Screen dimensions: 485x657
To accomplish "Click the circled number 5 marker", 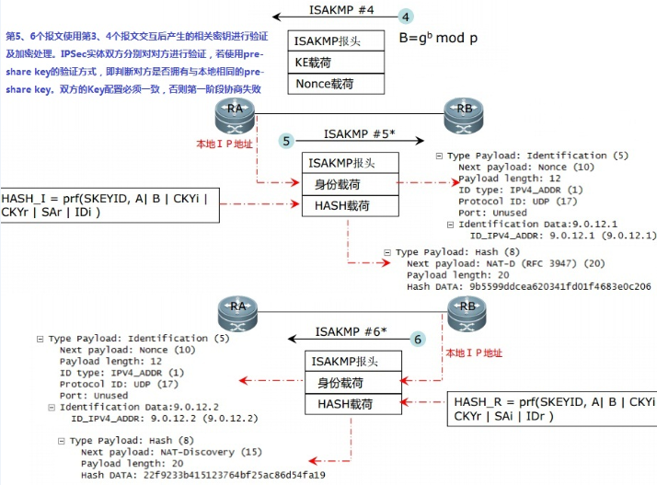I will [287, 141].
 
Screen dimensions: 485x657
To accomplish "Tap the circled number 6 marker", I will [418, 340].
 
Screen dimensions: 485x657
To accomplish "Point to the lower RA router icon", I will [237, 313].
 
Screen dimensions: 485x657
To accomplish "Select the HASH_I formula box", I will [109, 204].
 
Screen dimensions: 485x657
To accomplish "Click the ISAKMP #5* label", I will [360, 133].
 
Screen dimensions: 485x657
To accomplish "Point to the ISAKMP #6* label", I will [351, 331].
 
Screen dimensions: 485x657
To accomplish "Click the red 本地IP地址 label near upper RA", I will [225, 144].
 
